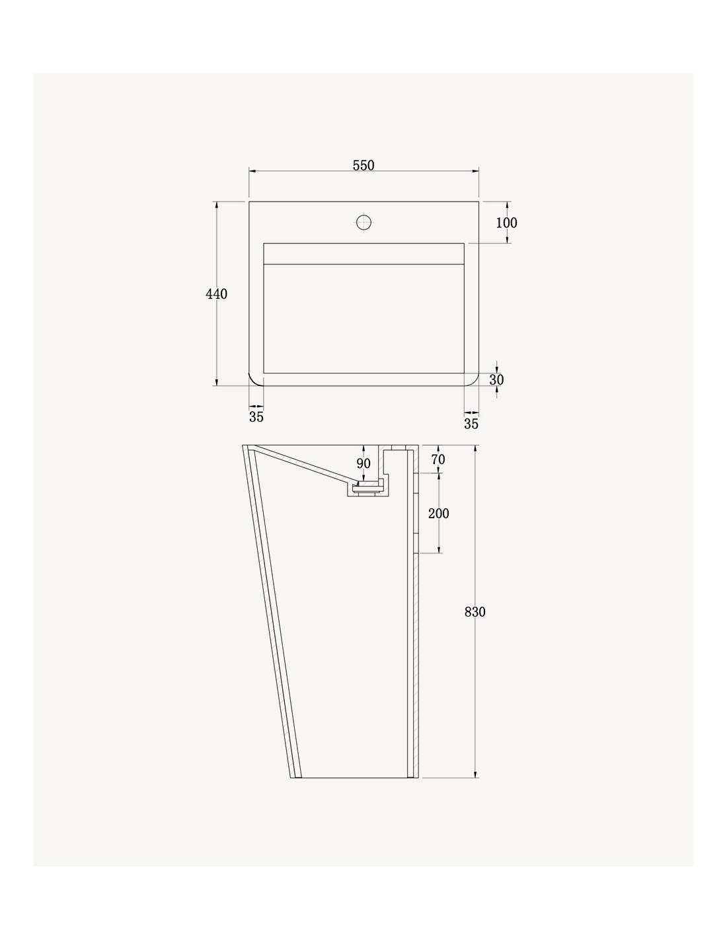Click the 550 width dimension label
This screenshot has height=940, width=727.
point(363,165)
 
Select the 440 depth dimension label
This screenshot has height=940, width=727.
point(216,294)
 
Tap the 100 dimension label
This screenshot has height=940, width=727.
point(506,223)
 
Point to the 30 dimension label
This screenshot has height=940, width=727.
point(496,380)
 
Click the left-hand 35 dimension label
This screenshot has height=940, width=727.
point(256,417)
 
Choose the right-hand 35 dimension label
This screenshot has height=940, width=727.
point(471,424)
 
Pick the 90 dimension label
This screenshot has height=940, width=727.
point(363,463)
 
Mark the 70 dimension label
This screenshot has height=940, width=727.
point(438,459)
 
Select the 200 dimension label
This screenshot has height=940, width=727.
point(439,514)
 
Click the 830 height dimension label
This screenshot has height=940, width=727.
point(475,612)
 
